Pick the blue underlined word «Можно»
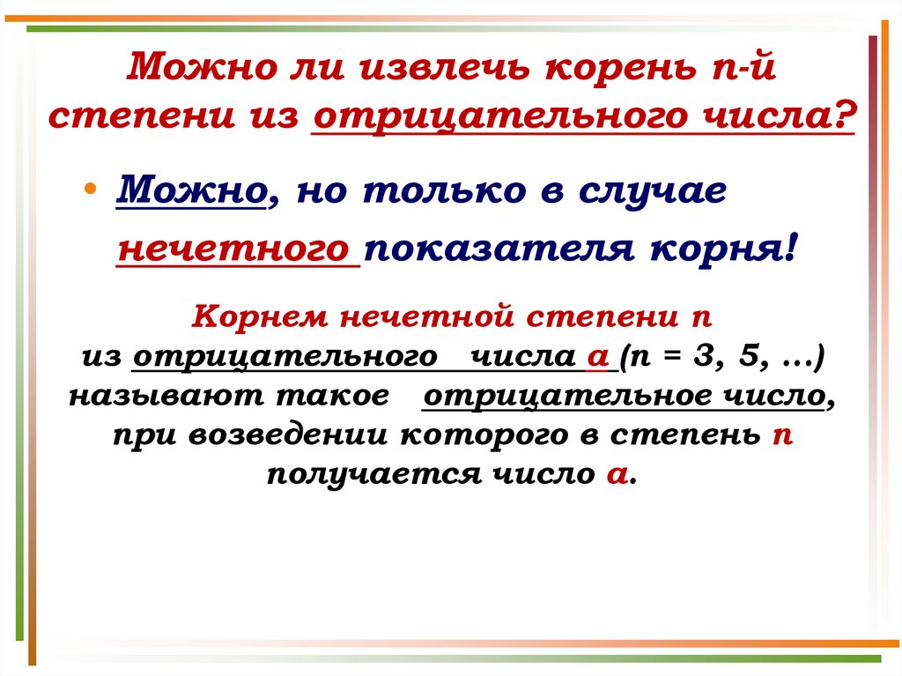tap(191, 191)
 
